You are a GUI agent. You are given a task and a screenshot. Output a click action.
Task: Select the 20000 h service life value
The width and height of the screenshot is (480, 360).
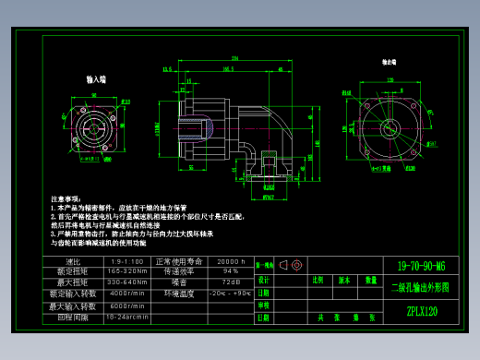click(x=230, y=261)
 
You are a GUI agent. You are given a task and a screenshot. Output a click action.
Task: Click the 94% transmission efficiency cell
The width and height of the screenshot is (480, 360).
click(x=230, y=271)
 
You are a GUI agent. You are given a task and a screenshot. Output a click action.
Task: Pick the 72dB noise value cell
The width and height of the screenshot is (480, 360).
click(x=230, y=282)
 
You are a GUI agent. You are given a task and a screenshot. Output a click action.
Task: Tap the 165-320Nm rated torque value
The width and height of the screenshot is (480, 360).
click(x=128, y=271)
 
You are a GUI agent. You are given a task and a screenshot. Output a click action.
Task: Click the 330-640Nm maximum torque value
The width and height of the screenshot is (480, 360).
click(x=128, y=282)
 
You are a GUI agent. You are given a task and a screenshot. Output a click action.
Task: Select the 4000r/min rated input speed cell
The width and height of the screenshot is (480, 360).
click(x=128, y=294)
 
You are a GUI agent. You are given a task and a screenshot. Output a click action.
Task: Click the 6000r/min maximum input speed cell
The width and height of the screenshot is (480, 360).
click(x=128, y=306)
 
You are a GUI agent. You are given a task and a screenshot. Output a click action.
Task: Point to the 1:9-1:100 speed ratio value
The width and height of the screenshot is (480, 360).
click(x=128, y=261)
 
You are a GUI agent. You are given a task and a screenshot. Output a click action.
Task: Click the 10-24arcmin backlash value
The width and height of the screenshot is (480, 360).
click(x=128, y=317)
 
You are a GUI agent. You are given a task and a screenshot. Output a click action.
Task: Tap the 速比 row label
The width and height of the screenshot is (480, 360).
click(x=76, y=261)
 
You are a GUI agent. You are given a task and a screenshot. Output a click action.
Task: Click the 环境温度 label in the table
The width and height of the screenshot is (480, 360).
click(x=178, y=294)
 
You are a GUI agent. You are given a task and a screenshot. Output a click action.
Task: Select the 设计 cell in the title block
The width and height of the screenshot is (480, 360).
click(x=264, y=280)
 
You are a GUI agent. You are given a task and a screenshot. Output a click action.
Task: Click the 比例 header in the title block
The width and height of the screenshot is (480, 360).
click(x=319, y=280)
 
